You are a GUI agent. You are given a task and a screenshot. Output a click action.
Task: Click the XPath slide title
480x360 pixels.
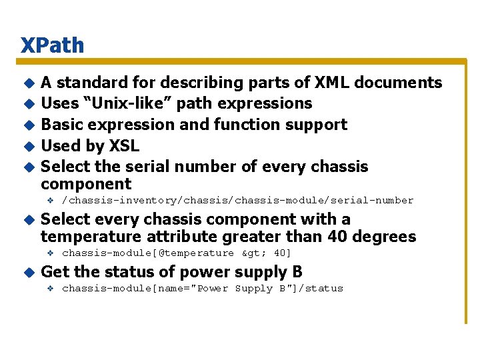pos(53,45)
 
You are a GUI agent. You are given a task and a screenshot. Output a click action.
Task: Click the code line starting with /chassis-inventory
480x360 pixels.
pos(237,201)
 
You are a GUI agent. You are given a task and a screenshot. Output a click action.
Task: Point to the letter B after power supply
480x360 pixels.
pos(297,272)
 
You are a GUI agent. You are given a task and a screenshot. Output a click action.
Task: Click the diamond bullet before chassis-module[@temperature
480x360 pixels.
pos(50,253)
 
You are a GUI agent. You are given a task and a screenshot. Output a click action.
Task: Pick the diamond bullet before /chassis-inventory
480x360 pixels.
pos(50,201)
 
